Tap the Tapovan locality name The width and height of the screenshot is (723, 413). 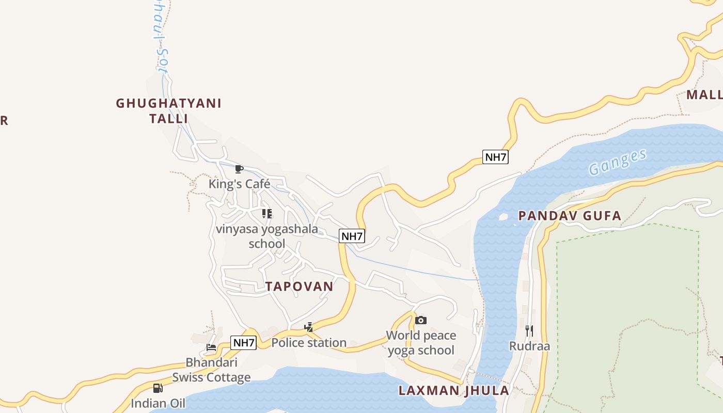point(300,287)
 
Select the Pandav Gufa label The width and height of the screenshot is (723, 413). point(570,216)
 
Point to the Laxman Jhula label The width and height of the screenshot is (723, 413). point(454,390)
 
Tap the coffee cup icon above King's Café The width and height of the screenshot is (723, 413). point(239,169)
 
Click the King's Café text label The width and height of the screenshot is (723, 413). point(239,184)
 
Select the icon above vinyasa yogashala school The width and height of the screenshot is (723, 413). point(266,214)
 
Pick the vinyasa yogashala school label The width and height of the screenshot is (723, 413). point(267,236)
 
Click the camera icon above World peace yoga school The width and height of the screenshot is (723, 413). point(421,321)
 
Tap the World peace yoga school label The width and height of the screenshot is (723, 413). point(421,343)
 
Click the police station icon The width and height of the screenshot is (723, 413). point(309,327)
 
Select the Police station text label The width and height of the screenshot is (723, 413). point(309,343)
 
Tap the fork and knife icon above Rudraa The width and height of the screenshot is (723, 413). point(529,330)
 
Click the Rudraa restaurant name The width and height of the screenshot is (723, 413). point(529,346)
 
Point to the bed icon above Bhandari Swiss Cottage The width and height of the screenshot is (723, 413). point(211,347)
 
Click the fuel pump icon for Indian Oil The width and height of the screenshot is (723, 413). point(158,388)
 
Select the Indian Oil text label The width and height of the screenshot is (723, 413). point(158,403)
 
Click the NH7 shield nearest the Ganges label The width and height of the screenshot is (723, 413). point(495,157)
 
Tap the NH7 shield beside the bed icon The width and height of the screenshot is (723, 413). point(243,342)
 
